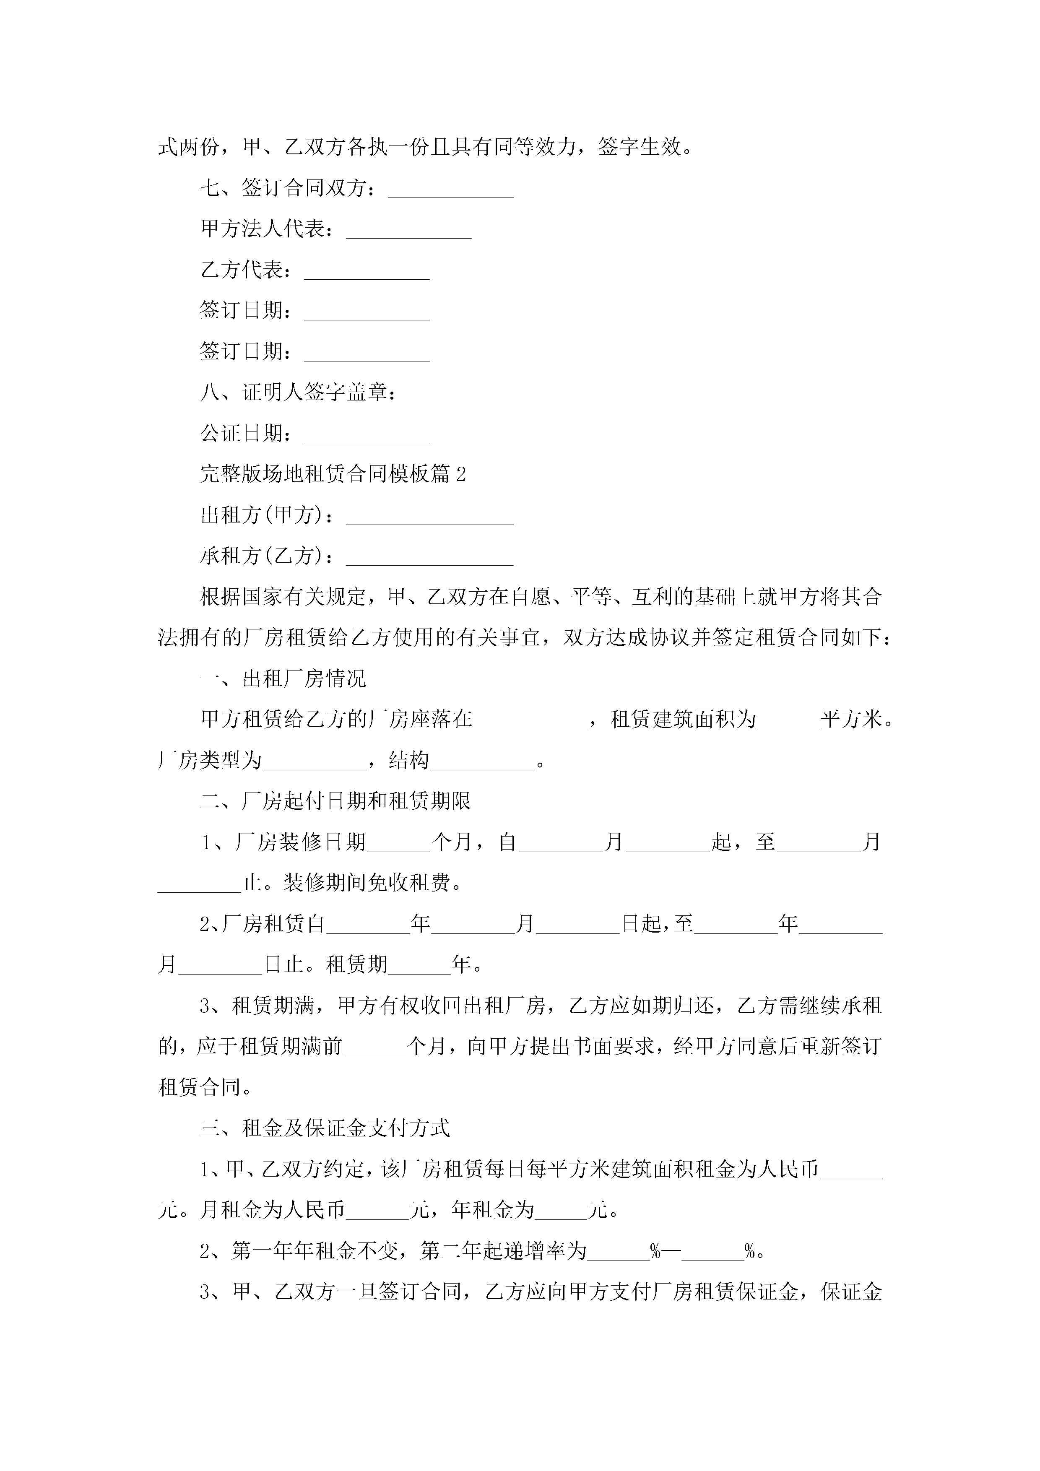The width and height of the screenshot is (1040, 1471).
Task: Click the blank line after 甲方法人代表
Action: click(409, 231)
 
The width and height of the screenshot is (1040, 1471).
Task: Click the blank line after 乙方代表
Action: click(367, 272)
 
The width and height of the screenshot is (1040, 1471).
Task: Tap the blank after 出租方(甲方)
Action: click(429, 517)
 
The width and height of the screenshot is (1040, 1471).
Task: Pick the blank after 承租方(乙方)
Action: click(429, 558)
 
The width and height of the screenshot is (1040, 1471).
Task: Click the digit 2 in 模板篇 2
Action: click(461, 475)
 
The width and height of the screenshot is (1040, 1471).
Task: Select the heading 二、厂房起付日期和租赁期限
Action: click(335, 801)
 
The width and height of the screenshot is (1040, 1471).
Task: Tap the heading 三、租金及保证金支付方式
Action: click(325, 1128)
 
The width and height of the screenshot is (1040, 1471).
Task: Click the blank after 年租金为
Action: click(562, 1210)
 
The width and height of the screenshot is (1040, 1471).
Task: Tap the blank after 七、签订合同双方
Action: click(450, 190)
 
